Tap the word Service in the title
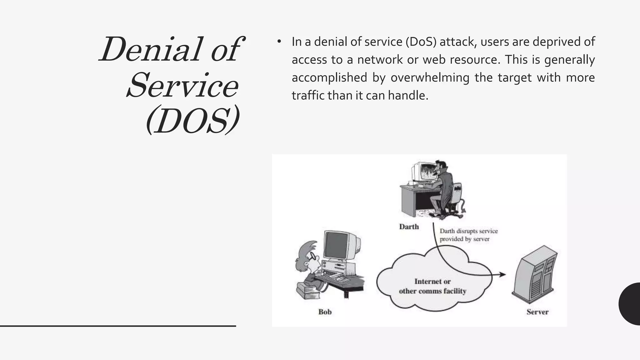182,85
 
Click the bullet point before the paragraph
279,42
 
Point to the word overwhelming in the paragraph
430,77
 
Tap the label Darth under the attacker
409,227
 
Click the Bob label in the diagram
325,312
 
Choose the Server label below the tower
537,312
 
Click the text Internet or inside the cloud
432,281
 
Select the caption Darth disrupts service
468,231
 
